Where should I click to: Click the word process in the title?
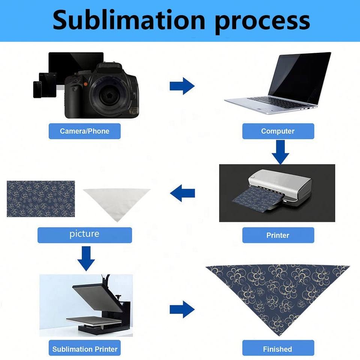coord(262,22)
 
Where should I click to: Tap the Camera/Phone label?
coord(85,131)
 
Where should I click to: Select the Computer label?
coord(278,131)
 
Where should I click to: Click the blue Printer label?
coord(278,235)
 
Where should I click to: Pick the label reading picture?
coord(85,234)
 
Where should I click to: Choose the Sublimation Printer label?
coord(85,349)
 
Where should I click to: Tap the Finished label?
coord(278,349)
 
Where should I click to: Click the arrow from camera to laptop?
coord(182,87)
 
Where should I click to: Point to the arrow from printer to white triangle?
coord(183,193)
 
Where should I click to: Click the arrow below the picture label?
coord(85,258)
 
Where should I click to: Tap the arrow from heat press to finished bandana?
coord(182,309)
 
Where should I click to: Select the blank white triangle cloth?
coord(117,201)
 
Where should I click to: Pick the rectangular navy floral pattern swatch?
coord(41,199)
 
